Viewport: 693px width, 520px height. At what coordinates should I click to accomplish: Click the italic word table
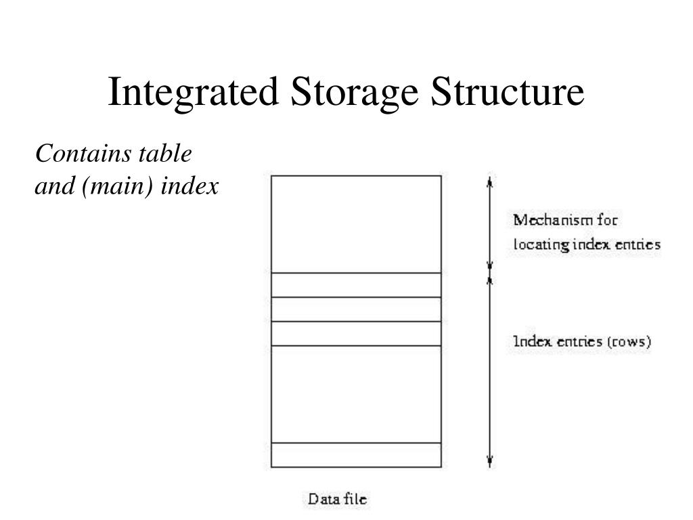pos(166,154)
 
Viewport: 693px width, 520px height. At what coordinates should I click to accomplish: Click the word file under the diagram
pos(355,500)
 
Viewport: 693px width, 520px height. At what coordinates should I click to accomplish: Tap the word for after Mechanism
pos(608,220)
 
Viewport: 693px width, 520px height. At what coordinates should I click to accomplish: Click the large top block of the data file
pos(356,224)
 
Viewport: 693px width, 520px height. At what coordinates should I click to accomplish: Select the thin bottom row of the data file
pos(356,455)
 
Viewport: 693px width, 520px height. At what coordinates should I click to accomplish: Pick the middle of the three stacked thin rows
pos(356,309)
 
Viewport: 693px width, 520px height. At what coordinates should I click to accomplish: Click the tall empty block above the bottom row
pos(356,394)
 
